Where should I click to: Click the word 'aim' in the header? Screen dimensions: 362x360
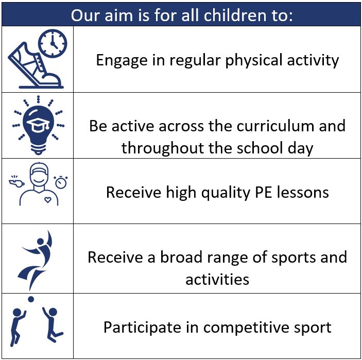(x=118, y=15)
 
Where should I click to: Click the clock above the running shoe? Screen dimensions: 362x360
(x=53, y=43)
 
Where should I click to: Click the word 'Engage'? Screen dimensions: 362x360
(x=122, y=60)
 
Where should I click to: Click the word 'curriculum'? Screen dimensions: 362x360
(x=275, y=126)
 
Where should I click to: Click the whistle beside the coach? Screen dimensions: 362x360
(x=16, y=181)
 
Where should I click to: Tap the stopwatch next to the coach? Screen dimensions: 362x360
(x=61, y=182)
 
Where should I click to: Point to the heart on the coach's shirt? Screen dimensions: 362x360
(x=48, y=200)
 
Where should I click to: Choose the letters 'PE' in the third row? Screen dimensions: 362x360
(x=264, y=192)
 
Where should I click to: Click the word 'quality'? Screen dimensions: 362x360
(x=226, y=193)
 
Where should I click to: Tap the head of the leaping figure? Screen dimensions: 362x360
(x=40, y=242)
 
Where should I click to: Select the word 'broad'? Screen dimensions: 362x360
(x=181, y=257)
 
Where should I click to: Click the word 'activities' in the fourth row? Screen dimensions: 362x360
(x=217, y=279)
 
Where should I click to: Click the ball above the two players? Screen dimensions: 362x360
(x=31, y=299)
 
